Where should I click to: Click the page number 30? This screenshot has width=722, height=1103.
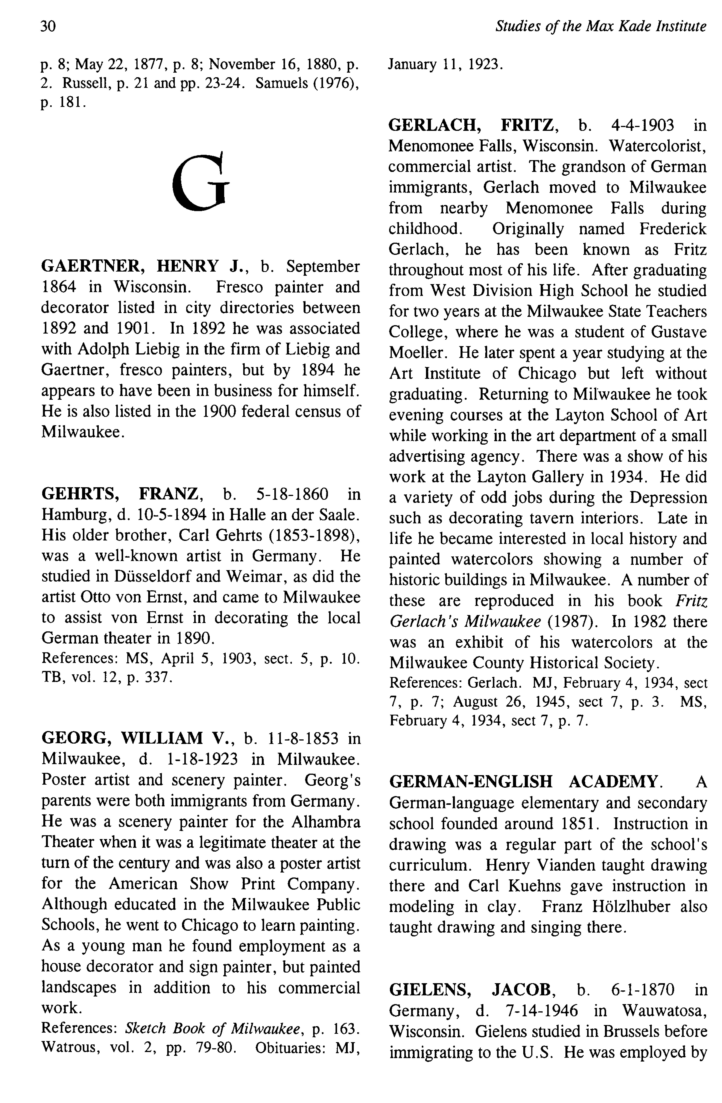pos(48,26)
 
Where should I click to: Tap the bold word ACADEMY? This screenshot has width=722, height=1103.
pos(613,782)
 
